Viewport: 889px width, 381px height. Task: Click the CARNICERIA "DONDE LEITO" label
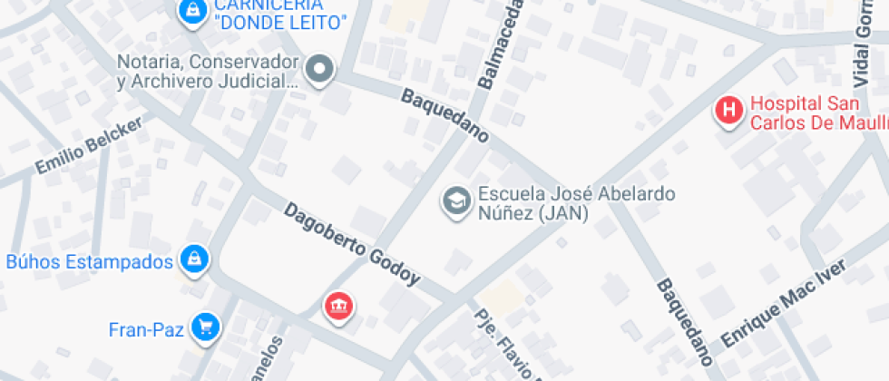coord(280,15)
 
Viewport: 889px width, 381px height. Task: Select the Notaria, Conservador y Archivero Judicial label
coord(208,72)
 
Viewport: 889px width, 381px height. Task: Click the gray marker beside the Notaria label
coord(319,70)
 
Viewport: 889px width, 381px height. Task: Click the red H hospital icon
coord(729,111)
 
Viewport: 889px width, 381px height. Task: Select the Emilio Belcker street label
coord(89,146)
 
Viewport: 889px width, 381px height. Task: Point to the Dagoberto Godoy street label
coord(352,244)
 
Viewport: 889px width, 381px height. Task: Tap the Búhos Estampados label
coord(89,262)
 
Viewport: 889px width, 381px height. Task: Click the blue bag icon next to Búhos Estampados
coord(195,260)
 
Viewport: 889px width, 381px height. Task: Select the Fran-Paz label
coord(147,329)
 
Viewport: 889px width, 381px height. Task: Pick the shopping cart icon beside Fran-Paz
coord(208,327)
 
